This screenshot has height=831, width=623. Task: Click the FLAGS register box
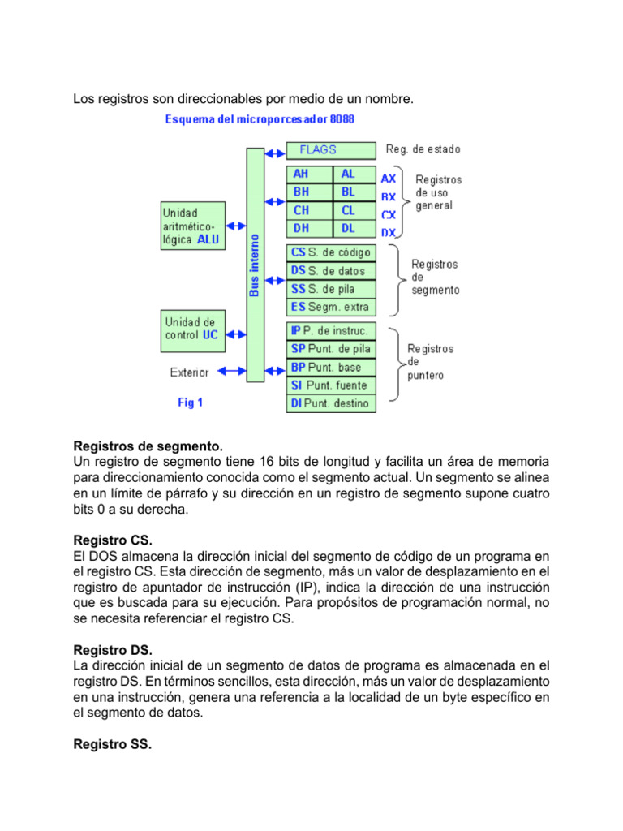pos(331,150)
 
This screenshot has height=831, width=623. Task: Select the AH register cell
pos(310,174)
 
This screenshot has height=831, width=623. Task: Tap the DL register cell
pos(354,229)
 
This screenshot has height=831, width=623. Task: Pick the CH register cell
pos(310,210)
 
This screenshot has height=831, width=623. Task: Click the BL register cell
pos(354,192)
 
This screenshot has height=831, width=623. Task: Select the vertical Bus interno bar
pos(255,265)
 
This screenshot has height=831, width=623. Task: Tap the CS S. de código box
pos(331,252)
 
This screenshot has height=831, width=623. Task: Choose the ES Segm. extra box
pos(331,307)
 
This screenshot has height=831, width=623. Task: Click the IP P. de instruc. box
pos(331,330)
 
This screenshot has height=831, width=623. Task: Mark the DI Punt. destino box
pos(331,403)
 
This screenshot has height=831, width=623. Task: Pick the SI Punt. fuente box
pos(331,385)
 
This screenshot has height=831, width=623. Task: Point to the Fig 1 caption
pos(190,403)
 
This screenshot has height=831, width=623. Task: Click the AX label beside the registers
pos(389,178)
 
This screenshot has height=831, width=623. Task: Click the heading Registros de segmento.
pos(148,446)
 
